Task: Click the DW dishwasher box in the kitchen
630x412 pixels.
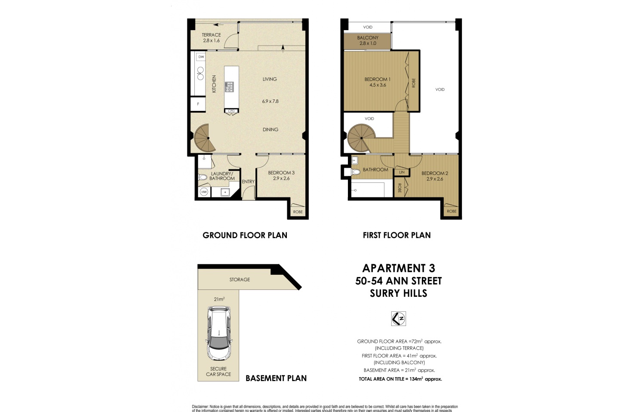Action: pos(201,57)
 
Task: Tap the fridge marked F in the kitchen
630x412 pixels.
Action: pos(198,104)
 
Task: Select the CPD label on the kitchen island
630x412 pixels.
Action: pos(231,111)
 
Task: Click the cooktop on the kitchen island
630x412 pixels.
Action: pos(229,87)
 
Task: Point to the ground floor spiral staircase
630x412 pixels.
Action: pos(204,138)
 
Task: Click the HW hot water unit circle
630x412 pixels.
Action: pos(204,192)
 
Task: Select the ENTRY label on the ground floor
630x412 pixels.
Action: pos(248,182)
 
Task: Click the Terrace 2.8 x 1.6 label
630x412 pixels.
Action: pos(211,38)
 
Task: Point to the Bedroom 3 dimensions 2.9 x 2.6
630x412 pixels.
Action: pos(281,178)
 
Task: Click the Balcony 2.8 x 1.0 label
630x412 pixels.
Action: pos(368,40)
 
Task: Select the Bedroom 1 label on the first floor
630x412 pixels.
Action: pos(377,79)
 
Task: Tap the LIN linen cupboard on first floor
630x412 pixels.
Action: pos(402,172)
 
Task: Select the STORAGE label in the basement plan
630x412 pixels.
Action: pos(240,280)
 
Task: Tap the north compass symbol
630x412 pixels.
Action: pos(399,319)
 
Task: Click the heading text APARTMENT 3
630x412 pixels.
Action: pos(399,268)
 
